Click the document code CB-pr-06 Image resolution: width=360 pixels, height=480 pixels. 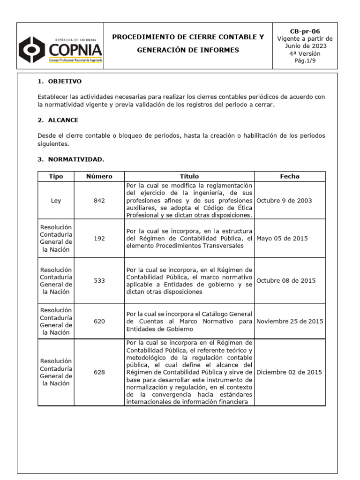(305, 31)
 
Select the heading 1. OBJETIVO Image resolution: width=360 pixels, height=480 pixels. (59, 82)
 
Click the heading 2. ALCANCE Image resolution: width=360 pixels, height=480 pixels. (58, 120)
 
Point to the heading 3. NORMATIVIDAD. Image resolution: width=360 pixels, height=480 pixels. (71, 159)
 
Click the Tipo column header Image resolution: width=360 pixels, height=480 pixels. (56, 176)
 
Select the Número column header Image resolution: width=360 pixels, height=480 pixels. (99, 176)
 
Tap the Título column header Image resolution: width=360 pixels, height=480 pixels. (189, 176)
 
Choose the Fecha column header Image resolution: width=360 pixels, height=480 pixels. (290, 176)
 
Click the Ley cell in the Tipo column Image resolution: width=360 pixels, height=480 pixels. (56, 200)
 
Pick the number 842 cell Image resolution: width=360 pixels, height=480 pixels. (99, 200)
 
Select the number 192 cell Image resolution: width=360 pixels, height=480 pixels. (99, 238)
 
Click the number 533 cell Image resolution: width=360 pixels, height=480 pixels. (99, 280)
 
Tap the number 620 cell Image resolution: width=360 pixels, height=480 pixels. (99, 322)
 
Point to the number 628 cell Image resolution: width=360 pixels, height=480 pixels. (99, 372)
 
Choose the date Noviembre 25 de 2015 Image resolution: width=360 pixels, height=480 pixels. (289, 322)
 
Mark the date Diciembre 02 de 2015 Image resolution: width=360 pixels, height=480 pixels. (289, 372)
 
